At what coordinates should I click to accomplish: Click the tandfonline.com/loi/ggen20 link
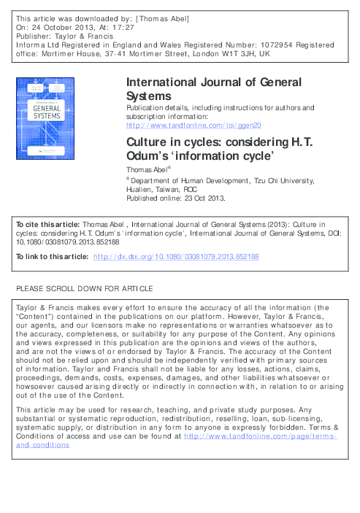(x=194, y=125)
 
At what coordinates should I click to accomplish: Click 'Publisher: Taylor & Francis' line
(x=61, y=34)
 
